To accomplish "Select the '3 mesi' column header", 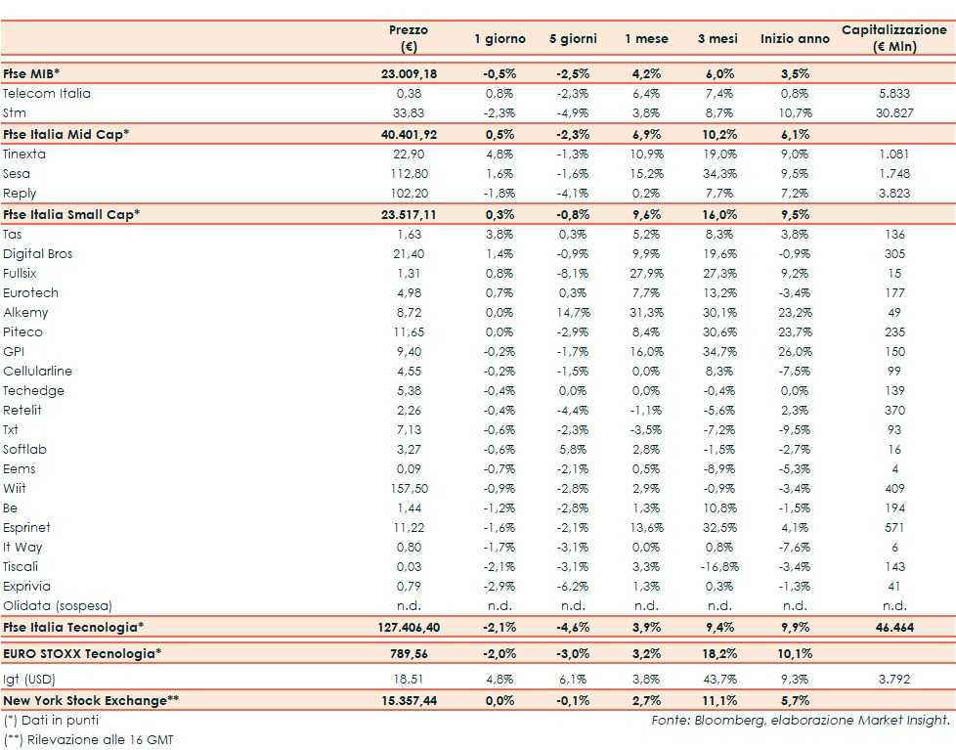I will [717, 39].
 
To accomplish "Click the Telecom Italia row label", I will [47, 94].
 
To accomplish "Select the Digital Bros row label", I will [38, 254].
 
